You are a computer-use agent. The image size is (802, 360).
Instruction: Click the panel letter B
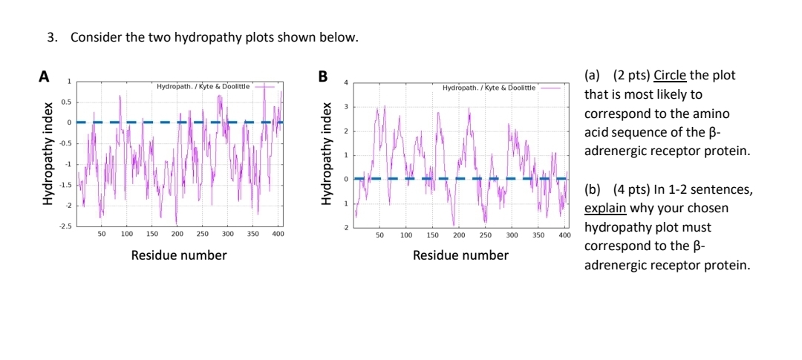click(322, 76)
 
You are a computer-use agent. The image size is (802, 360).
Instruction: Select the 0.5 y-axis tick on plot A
click(65, 101)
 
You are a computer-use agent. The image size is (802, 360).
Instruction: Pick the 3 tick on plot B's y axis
click(345, 107)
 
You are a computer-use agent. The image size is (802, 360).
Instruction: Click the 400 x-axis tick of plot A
click(278, 234)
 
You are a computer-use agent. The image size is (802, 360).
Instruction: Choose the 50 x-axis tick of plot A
click(101, 234)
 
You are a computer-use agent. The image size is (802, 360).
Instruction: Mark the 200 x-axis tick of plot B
click(459, 235)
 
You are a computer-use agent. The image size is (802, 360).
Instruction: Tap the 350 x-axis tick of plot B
click(538, 235)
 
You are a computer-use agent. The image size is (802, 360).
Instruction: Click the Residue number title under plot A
click(179, 255)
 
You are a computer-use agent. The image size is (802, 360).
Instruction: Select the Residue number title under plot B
click(460, 255)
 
